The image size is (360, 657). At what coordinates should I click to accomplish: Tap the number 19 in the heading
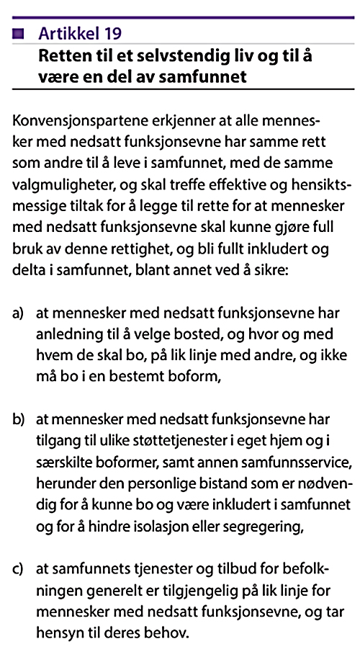[110, 32]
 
